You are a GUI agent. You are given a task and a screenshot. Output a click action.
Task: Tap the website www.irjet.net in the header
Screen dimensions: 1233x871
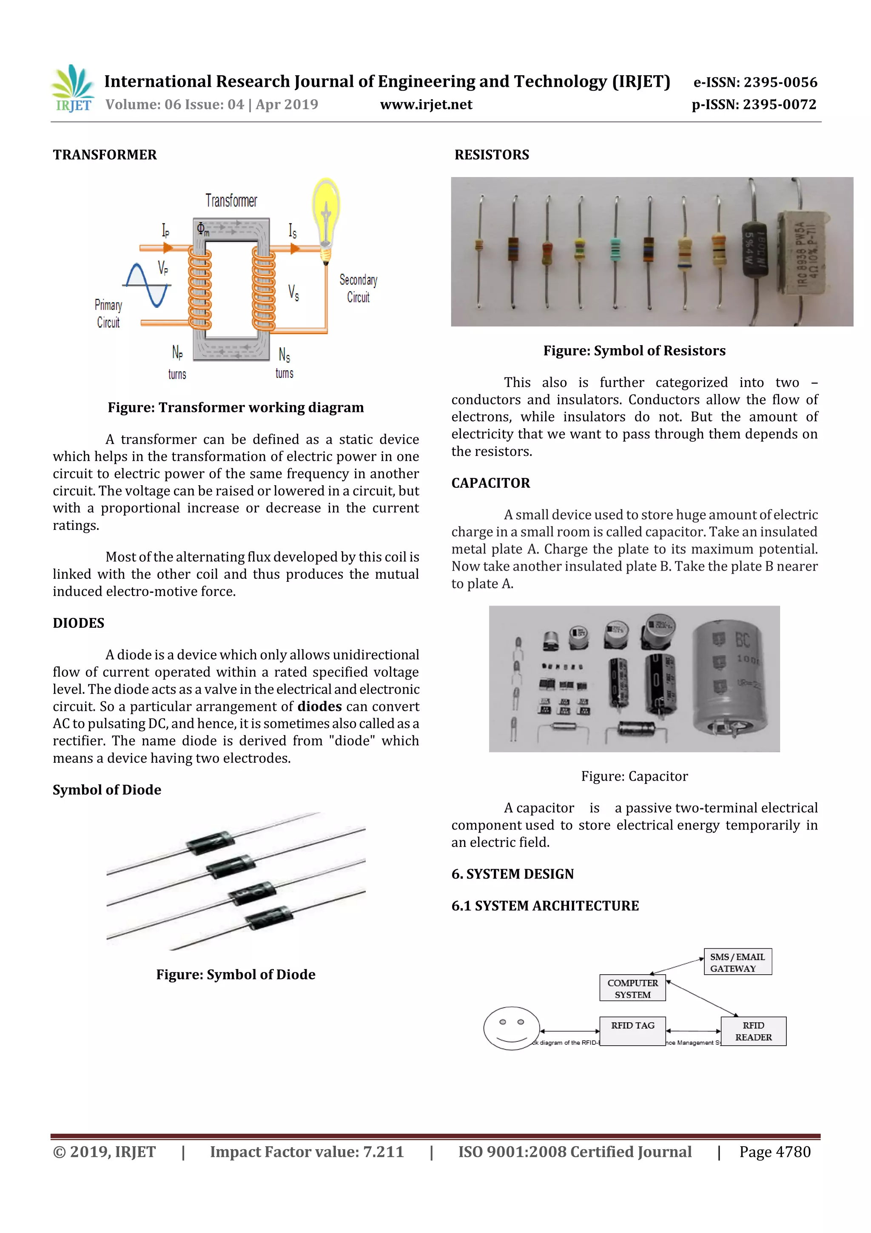click(x=426, y=105)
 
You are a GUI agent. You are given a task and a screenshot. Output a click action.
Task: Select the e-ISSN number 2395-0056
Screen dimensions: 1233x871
click(x=755, y=82)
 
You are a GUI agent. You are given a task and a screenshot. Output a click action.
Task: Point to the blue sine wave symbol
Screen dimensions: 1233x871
click(x=147, y=286)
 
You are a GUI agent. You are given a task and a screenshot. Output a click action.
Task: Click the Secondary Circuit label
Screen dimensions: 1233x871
click(x=358, y=289)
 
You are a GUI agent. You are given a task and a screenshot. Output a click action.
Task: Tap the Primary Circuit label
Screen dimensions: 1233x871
click(x=108, y=314)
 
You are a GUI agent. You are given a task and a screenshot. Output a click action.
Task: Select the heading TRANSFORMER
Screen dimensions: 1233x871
click(x=105, y=155)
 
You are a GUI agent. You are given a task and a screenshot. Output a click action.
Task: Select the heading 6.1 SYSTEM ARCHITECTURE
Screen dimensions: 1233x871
click(x=545, y=906)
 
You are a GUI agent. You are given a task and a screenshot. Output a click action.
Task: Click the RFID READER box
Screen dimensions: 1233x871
click(x=753, y=1031)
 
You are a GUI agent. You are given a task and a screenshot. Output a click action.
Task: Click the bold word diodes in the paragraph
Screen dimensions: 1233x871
click(x=319, y=707)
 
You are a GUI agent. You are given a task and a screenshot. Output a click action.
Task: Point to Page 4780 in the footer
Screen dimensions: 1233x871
click(x=774, y=1152)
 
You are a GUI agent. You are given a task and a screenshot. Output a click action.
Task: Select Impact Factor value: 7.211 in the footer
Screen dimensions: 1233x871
click(x=307, y=1152)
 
